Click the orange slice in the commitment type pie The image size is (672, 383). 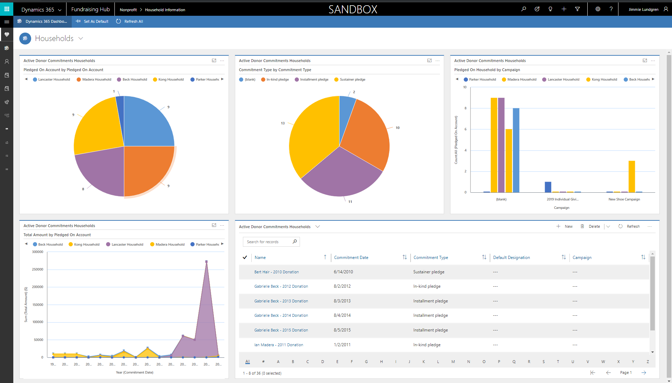(x=367, y=133)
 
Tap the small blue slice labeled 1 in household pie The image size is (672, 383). (x=120, y=103)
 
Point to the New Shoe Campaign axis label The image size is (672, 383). (x=624, y=199)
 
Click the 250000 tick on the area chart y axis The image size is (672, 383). (x=38, y=269)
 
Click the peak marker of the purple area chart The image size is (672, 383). (x=206, y=261)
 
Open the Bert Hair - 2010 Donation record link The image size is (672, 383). (x=276, y=272)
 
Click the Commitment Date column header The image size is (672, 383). (x=351, y=258)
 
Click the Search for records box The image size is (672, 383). (x=268, y=242)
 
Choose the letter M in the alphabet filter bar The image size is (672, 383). (x=453, y=362)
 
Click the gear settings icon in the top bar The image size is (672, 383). (x=598, y=9)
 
